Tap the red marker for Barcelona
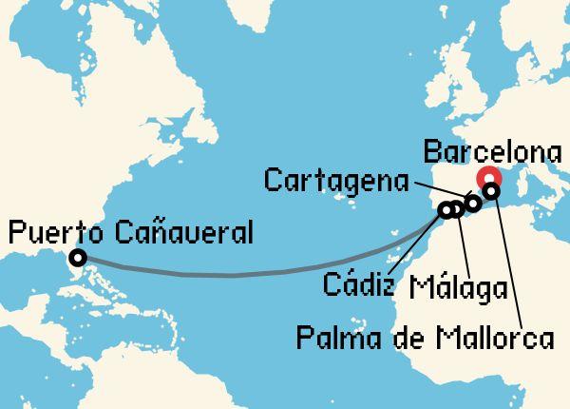point(491,178)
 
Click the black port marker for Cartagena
point(473,203)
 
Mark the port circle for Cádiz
point(445,210)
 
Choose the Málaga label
point(457,287)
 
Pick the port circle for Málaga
point(456,209)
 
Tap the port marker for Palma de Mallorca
point(491,191)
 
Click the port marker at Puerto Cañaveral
point(77,257)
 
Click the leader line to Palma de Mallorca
point(508,262)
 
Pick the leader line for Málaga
point(463,243)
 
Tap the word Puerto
point(56,231)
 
